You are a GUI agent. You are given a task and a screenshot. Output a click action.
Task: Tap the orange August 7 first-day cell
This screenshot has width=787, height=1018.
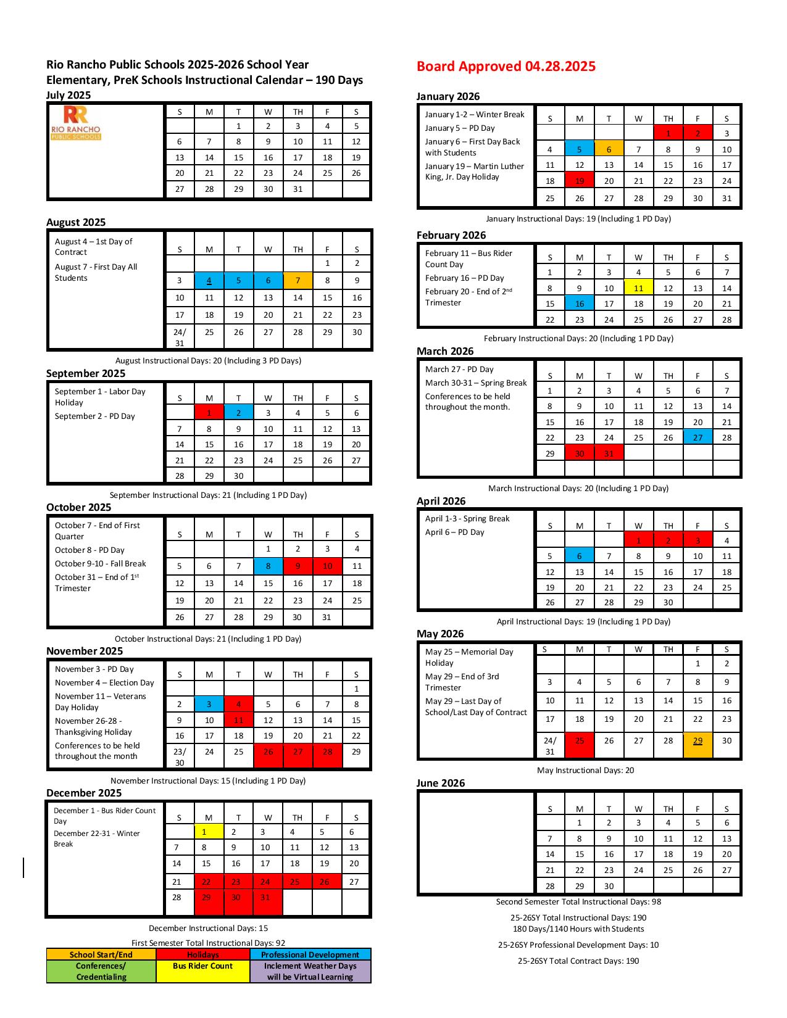[x=298, y=281]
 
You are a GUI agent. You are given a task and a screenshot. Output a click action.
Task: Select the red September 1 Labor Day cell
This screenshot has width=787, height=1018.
[x=209, y=413]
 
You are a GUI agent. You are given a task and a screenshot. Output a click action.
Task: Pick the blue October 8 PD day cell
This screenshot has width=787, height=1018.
[x=268, y=566]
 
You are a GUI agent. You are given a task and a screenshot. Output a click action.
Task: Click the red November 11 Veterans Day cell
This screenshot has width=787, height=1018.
[x=239, y=720]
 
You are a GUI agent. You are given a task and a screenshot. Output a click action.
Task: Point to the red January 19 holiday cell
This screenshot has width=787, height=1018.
[x=580, y=181]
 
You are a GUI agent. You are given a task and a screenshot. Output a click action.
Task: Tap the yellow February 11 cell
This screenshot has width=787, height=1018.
[x=638, y=288]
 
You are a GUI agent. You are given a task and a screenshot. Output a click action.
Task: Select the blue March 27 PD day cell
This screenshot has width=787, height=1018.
[x=697, y=437]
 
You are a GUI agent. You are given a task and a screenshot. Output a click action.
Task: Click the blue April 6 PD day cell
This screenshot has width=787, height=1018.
[x=580, y=556]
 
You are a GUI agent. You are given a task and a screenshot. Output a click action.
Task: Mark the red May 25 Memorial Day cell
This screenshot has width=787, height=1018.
[x=580, y=740]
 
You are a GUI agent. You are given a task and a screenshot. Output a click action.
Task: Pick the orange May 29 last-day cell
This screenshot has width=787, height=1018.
[x=697, y=740]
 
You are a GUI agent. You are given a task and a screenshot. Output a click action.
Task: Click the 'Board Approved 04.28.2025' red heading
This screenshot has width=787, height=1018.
[x=506, y=67]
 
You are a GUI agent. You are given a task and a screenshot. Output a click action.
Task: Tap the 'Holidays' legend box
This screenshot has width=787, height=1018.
[x=203, y=954]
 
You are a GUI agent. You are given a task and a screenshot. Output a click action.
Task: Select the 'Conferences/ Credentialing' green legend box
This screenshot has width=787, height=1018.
[x=101, y=971]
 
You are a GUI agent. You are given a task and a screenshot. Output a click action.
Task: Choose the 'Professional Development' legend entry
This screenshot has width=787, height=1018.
[x=310, y=954]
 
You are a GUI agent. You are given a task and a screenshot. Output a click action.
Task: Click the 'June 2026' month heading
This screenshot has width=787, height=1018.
[x=441, y=783]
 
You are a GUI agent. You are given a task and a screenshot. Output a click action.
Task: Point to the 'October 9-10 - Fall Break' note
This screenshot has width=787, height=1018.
[x=101, y=563]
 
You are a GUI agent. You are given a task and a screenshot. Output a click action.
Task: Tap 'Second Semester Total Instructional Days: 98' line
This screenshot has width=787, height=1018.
[x=578, y=901]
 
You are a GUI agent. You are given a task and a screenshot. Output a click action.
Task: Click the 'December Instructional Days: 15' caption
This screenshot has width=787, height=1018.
[x=208, y=928]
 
